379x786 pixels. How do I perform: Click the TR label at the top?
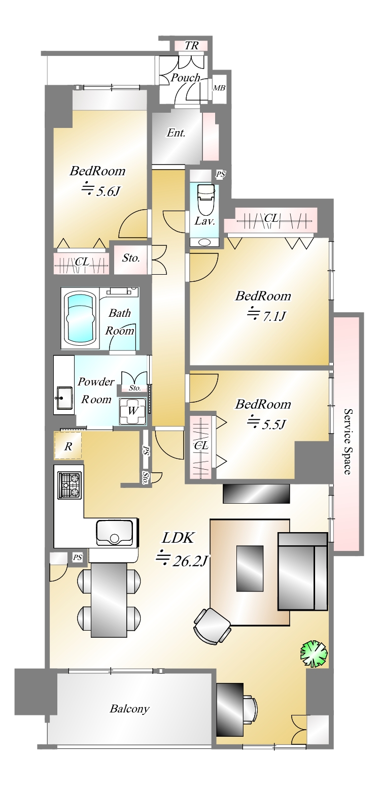point(191,46)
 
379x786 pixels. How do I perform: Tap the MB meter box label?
point(219,88)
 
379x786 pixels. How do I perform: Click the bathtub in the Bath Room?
point(81,318)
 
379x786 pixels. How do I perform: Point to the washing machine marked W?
point(132,411)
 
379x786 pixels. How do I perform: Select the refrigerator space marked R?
point(68,446)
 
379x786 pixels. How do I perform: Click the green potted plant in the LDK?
point(314,653)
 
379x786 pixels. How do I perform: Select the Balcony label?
point(129,709)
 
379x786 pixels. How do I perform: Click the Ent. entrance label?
point(176,133)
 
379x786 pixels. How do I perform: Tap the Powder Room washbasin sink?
point(64,398)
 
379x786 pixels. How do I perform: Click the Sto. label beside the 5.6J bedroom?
point(131,258)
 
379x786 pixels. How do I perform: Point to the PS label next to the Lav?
point(221,174)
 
